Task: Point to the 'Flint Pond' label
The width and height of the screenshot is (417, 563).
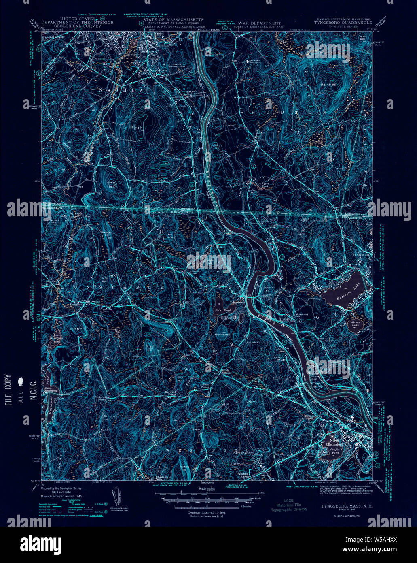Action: coord(222,311)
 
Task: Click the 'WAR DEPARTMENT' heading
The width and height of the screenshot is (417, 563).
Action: coord(259,23)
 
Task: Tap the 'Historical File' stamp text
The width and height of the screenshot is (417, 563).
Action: coord(289,505)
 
